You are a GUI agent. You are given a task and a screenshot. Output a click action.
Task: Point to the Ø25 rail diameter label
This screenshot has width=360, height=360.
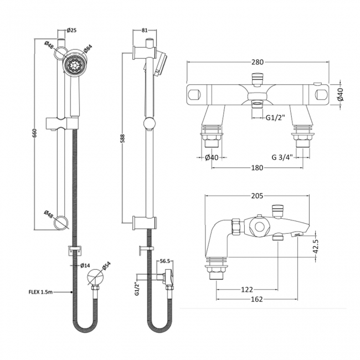[71, 30]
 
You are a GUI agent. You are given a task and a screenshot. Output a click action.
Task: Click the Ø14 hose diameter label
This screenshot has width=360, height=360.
[85, 265]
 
